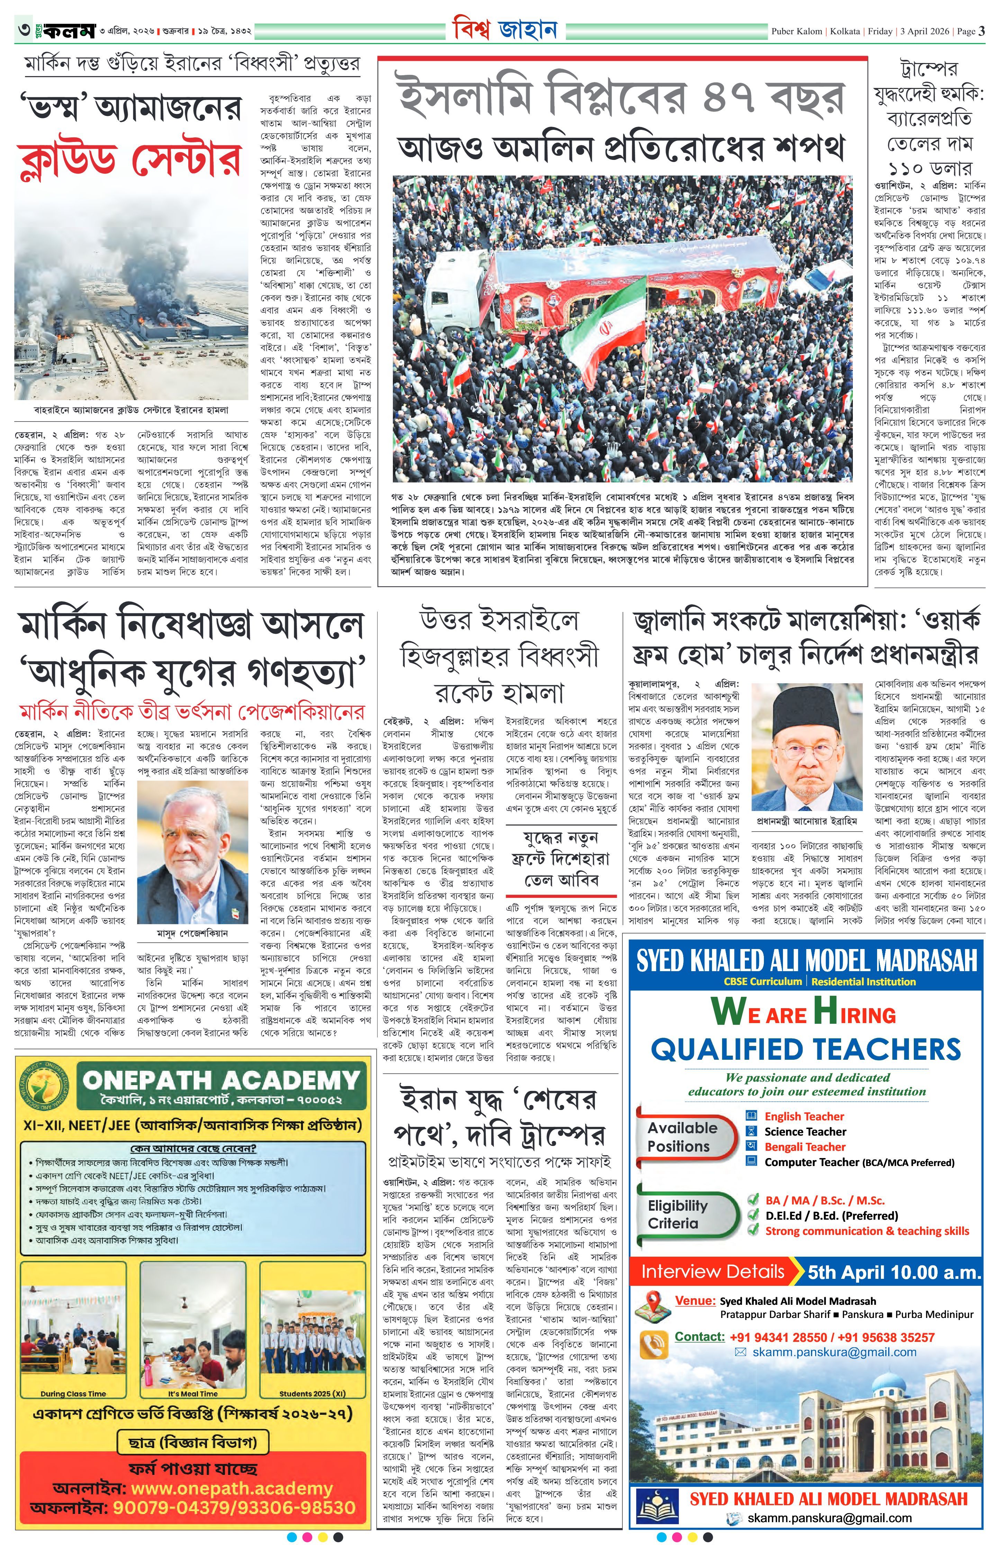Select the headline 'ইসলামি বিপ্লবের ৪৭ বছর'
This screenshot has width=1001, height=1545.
coord(622,97)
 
